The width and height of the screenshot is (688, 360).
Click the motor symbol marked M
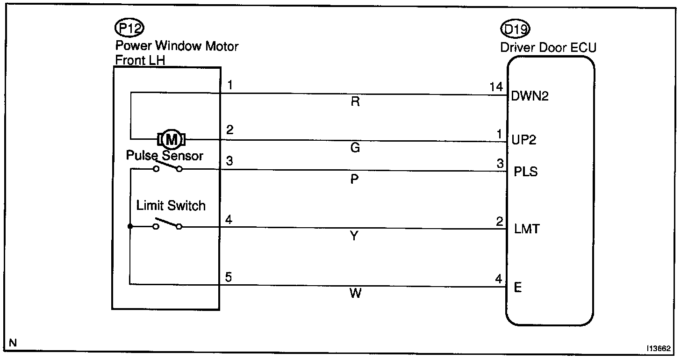(x=172, y=139)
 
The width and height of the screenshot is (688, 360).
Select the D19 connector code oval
(x=515, y=30)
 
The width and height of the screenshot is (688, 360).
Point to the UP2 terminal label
(x=524, y=140)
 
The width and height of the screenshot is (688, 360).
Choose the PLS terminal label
(x=525, y=172)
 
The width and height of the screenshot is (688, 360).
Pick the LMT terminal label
(x=526, y=229)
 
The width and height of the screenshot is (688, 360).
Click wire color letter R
(x=355, y=102)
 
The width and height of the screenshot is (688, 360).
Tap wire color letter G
(x=355, y=148)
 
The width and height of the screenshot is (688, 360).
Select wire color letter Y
(x=354, y=237)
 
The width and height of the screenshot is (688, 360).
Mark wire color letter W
(x=355, y=294)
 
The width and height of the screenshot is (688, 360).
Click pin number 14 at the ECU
(x=496, y=86)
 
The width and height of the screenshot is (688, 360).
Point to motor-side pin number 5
(x=229, y=277)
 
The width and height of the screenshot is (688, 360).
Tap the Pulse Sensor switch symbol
(x=167, y=166)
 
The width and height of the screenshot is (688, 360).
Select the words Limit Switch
(x=171, y=205)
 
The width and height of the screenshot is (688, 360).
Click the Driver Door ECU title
(x=548, y=48)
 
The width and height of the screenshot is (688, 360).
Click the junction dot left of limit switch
(x=130, y=227)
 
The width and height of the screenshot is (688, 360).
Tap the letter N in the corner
(x=13, y=343)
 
